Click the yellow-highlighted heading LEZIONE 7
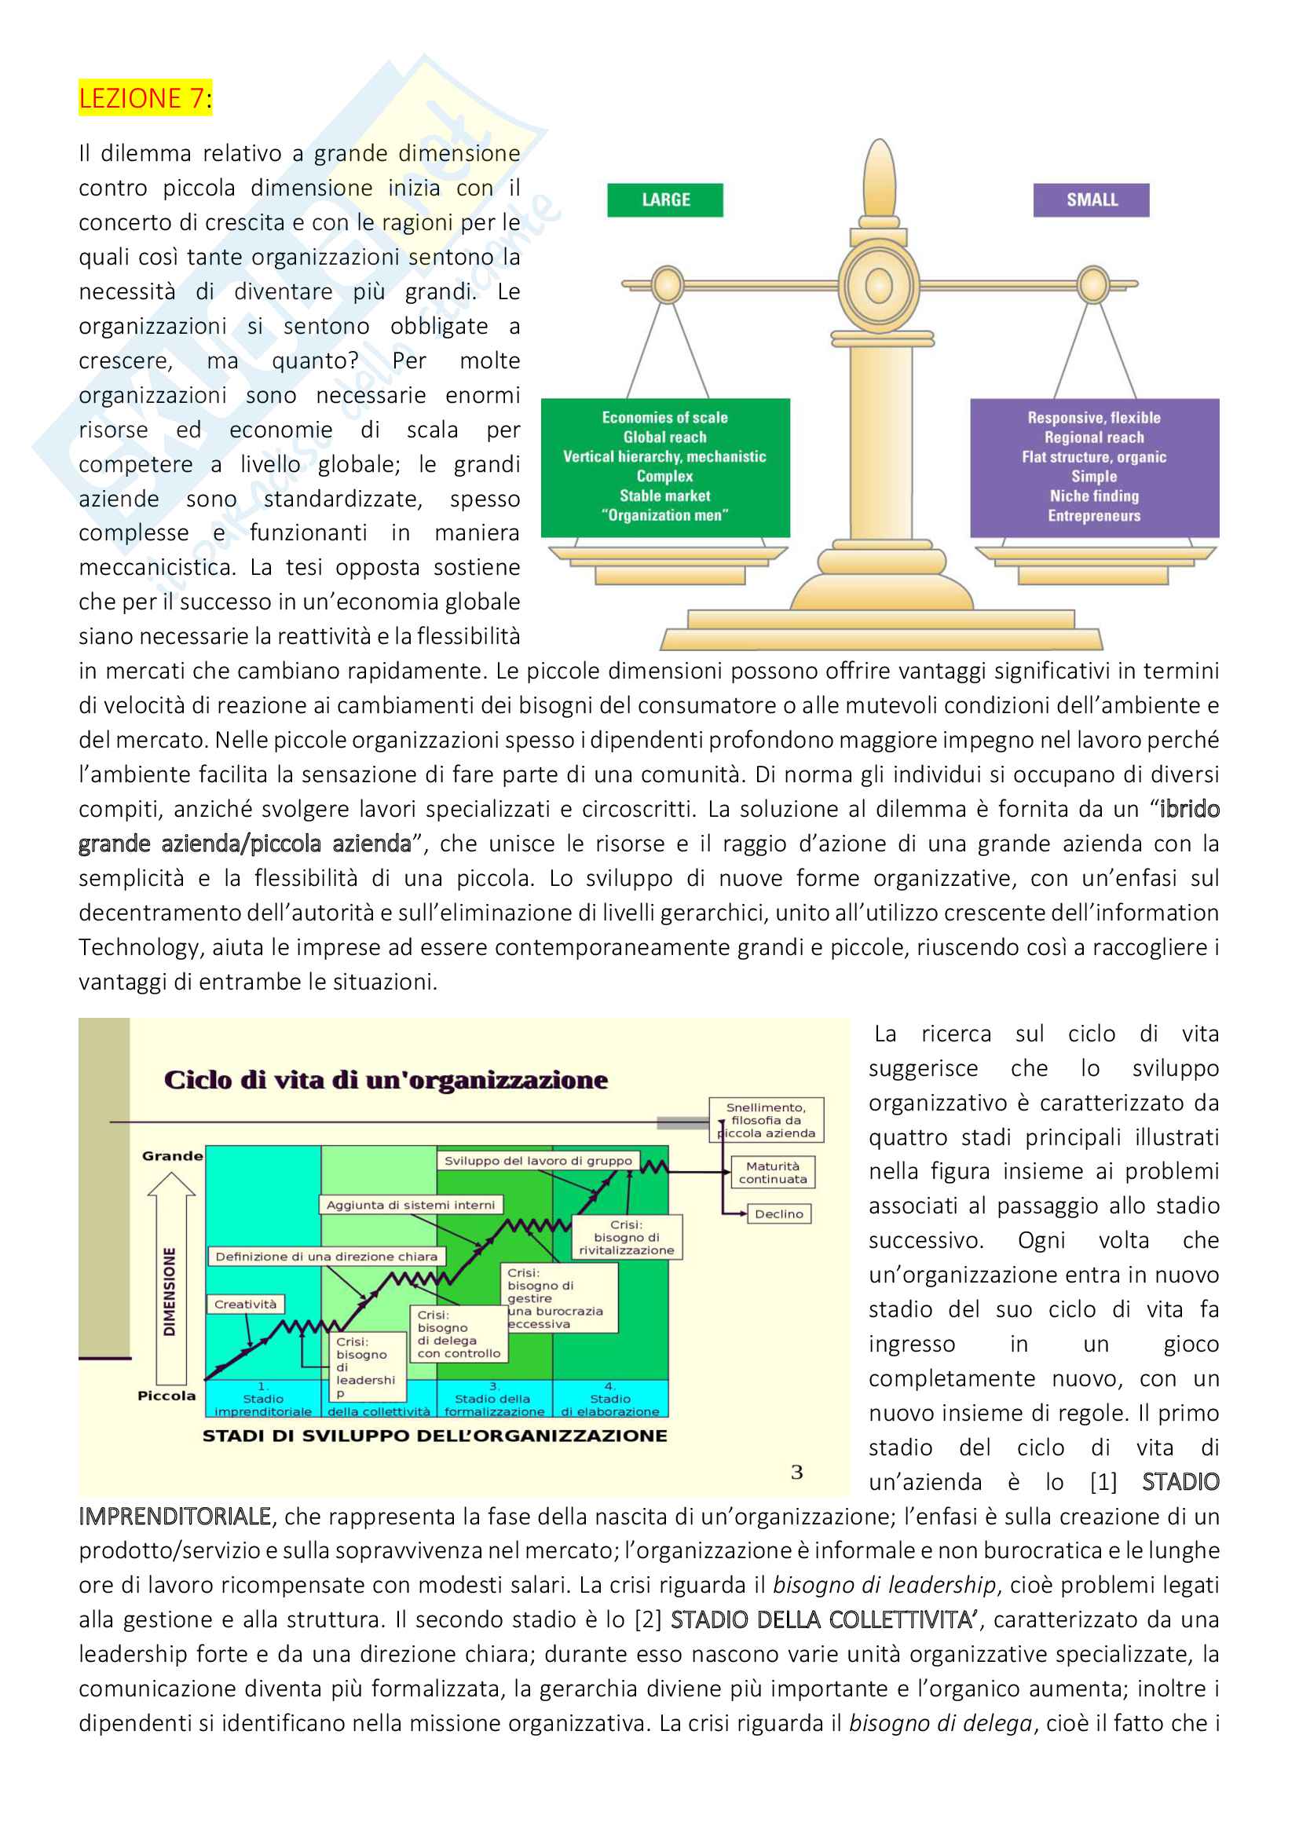pyautogui.click(x=144, y=97)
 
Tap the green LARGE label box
pyautogui.click(x=664, y=200)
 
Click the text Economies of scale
pyautogui.click(x=664, y=417)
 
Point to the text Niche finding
pyautogui.click(x=1093, y=496)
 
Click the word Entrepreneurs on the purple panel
pyautogui.click(x=1093, y=516)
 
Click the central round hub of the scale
pyautogui.click(x=878, y=286)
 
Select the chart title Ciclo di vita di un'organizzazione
pyautogui.click(x=386, y=1080)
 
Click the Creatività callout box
pyautogui.click(x=246, y=1305)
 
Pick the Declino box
pyautogui.click(x=778, y=1213)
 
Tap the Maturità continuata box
pyautogui.click(x=772, y=1172)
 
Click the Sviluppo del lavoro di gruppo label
pyautogui.click(x=537, y=1160)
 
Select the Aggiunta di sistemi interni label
pyautogui.click(x=410, y=1205)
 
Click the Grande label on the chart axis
pyautogui.click(x=172, y=1155)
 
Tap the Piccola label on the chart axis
pyautogui.click(x=166, y=1396)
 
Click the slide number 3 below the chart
pyautogui.click(x=796, y=1472)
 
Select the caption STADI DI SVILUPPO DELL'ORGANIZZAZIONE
pyautogui.click(x=434, y=1436)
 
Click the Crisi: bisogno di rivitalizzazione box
pyautogui.click(x=625, y=1237)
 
